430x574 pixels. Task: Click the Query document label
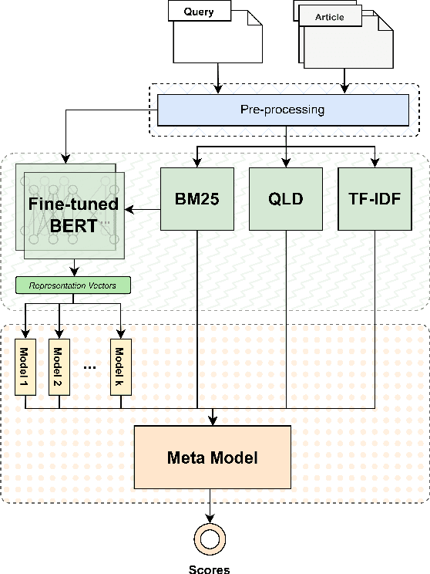(x=200, y=12)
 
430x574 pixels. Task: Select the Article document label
(x=329, y=16)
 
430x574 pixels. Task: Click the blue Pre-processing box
(x=283, y=110)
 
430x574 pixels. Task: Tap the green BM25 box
(x=198, y=198)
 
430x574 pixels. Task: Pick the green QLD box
(x=287, y=198)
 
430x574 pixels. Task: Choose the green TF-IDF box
(x=375, y=198)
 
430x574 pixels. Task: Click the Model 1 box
(x=25, y=366)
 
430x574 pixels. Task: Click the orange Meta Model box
(x=213, y=458)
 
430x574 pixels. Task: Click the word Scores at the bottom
(x=210, y=569)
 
